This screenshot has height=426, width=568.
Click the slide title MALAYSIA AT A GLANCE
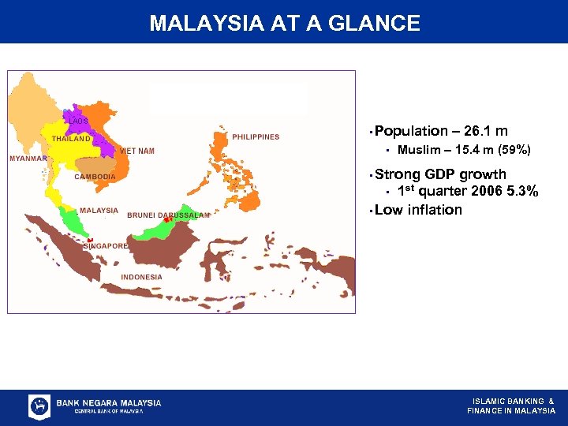(x=284, y=23)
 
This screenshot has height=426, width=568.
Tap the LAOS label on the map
(x=78, y=121)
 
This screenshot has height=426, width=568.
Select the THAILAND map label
(x=71, y=139)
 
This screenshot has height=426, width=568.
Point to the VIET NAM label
(x=136, y=151)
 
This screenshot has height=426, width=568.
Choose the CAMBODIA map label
(x=95, y=177)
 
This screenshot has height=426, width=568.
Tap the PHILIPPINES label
(x=255, y=137)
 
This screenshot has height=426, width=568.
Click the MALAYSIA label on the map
(x=99, y=211)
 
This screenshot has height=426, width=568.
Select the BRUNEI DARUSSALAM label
(x=168, y=215)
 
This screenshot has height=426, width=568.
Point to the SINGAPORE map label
(x=106, y=246)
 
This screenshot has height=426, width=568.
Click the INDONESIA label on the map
(x=141, y=277)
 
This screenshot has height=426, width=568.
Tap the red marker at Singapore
(x=90, y=240)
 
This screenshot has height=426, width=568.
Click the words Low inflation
(x=418, y=210)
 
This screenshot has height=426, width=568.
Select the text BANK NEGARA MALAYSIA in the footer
(x=108, y=402)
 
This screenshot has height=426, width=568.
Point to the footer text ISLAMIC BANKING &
(x=513, y=401)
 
